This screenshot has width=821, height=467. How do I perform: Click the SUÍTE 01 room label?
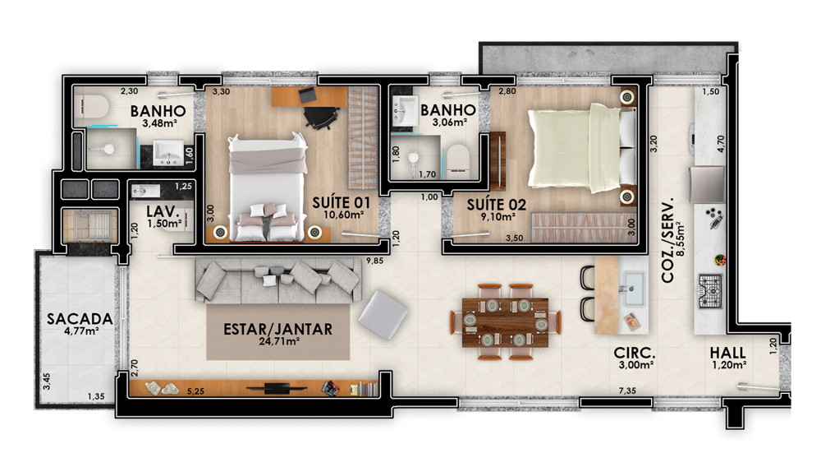tap(341, 203)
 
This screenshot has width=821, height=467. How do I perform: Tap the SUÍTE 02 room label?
tap(497, 205)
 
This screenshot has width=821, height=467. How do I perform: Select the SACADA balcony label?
tap(80, 319)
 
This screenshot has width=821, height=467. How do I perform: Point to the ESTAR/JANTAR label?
tap(278, 329)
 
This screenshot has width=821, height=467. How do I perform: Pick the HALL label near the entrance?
tap(727, 353)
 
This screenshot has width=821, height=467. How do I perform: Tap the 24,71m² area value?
tap(279, 341)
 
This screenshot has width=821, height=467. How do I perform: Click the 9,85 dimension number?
tap(375, 261)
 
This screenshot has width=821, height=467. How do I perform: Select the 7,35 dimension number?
tap(627, 391)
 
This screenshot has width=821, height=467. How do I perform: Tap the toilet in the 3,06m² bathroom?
tap(457, 159)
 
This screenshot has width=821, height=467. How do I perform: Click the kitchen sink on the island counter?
tap(632, 288)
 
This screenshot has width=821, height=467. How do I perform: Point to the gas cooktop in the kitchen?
tap(710, 292)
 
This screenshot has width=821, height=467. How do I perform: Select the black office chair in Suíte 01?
tap(321, 118)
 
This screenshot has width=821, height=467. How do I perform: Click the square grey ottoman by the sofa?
tap(383, 315)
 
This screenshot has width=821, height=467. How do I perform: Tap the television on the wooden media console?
tap(277, 388)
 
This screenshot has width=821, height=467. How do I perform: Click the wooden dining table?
tap(505, 322)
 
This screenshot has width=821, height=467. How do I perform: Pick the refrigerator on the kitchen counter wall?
tap(708, 184)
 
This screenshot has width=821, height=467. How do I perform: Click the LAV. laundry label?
tap(163, 212)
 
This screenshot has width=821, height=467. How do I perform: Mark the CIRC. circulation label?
tap(635, 354)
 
